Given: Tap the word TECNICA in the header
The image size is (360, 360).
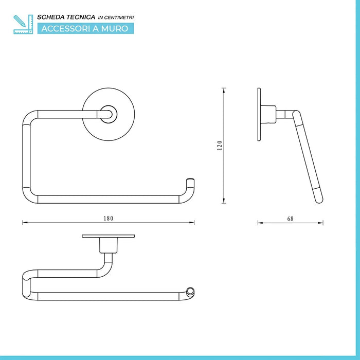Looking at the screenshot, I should pos(82,17).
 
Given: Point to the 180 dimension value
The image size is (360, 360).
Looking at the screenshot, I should pos(108,218).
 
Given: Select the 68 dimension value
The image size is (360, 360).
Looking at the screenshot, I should pos(290,218).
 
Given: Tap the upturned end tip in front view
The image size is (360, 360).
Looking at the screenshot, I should pos(191,182).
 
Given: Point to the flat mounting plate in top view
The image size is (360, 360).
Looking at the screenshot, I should pos(109,237).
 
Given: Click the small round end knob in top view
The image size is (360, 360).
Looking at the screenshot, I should pos(191,292).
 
